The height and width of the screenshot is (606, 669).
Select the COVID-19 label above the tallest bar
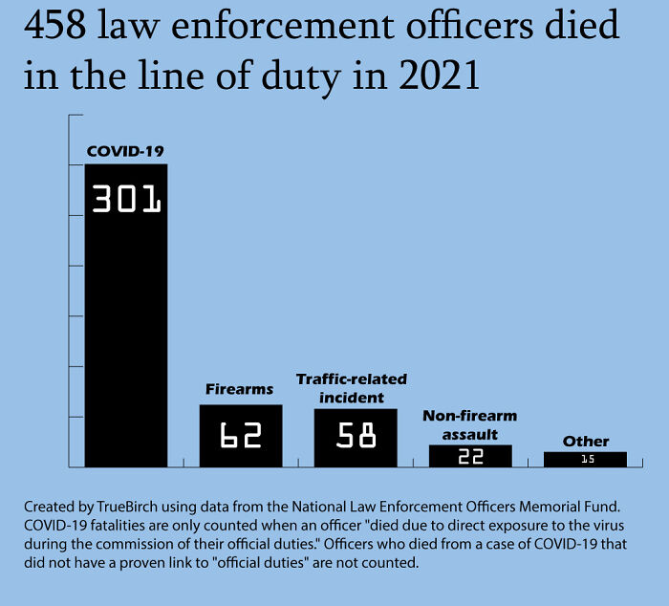(x=126, y=151)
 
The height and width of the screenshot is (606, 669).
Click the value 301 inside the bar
(x=126, y=199)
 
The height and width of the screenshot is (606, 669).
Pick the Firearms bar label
(x=240, y=389)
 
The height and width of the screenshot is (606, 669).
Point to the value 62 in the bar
(x=241, y=437)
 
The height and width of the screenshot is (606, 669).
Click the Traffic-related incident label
(x=352, y=388)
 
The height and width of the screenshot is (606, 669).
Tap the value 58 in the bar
(x=356, y=437)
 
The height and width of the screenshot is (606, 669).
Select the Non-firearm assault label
(x=469, y=425)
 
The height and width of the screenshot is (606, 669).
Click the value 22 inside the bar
(x=470, y=457)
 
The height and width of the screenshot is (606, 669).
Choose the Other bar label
(x=586, y=441)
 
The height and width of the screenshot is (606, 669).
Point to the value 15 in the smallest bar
(x=586, y=460)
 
